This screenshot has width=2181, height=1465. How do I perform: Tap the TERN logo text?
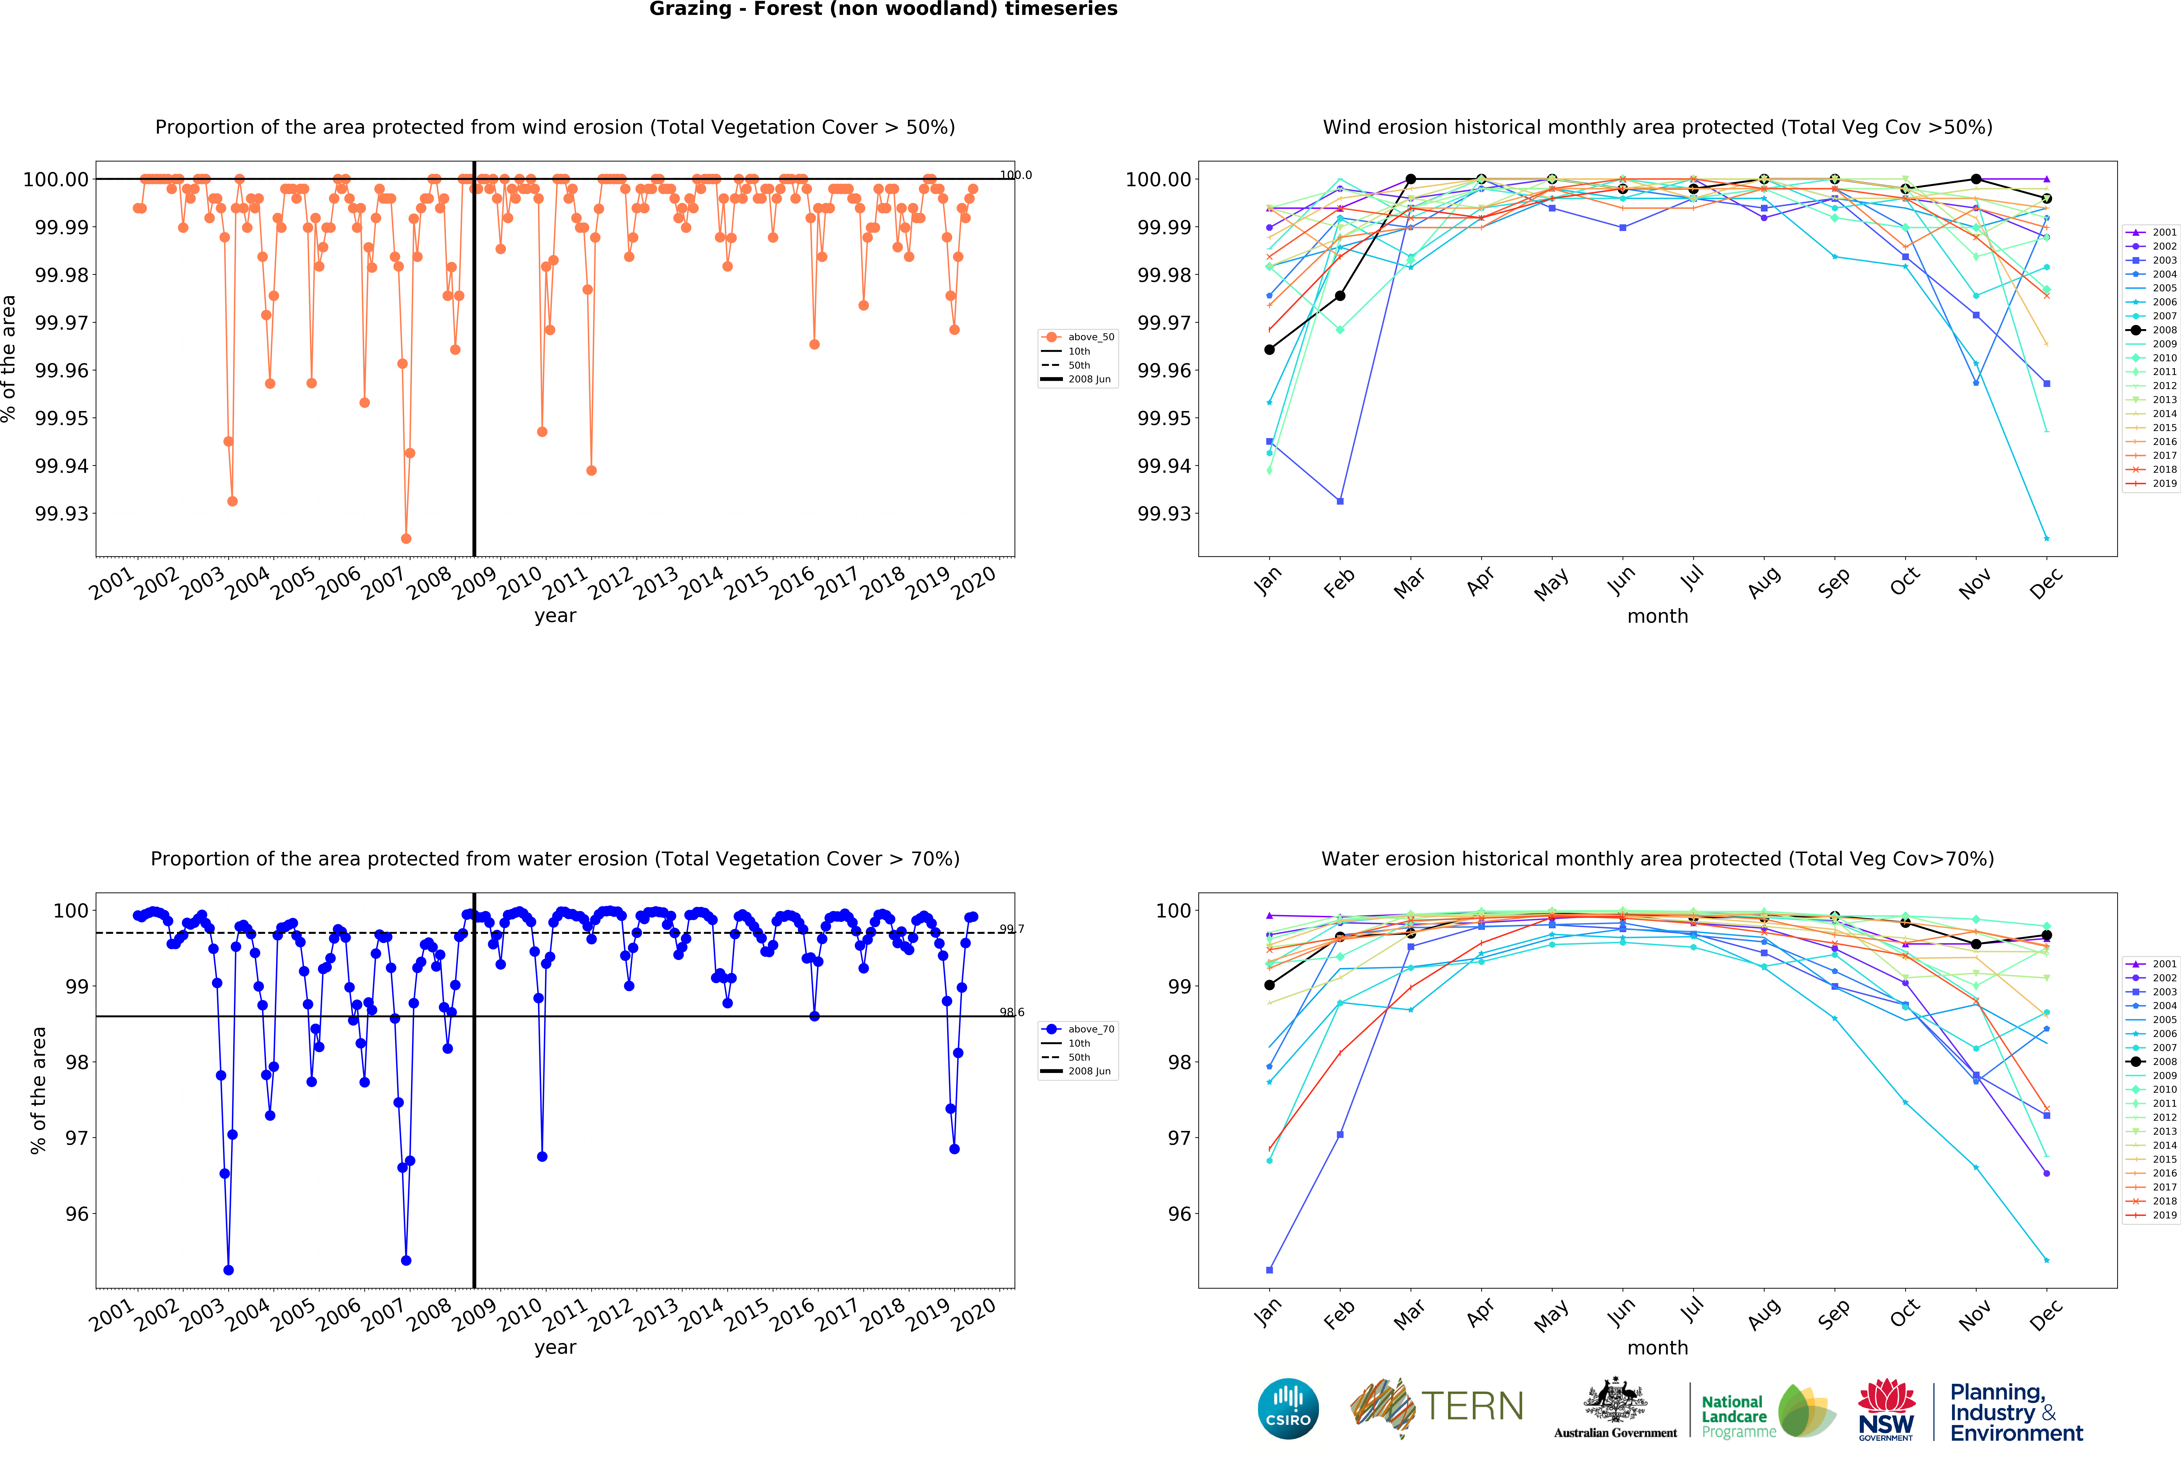[x=1472, y=1406]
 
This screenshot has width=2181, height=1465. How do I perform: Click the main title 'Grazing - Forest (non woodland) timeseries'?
[x=883, y=9]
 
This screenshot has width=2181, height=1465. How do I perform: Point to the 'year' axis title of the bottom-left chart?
[x=555, y=1347]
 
